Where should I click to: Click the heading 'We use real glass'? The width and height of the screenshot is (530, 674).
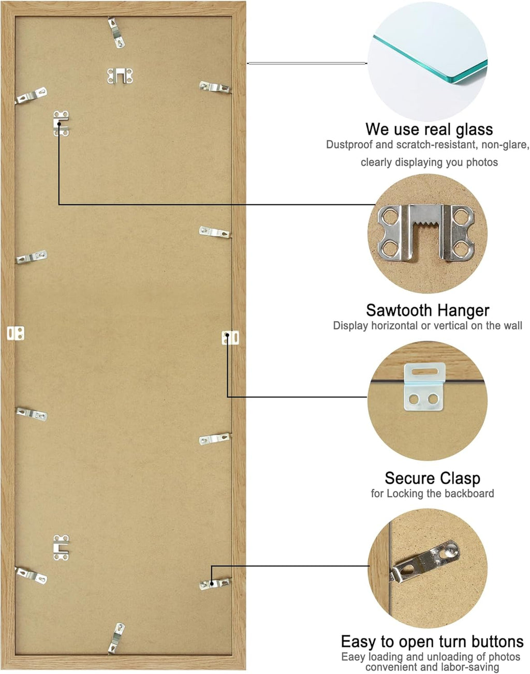pos(429,129)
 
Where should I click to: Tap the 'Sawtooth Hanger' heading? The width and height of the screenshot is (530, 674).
pos(428,310)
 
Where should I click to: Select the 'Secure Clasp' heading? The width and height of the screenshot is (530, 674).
pos(432,478)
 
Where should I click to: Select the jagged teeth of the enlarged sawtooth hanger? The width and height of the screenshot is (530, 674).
pos(426,222)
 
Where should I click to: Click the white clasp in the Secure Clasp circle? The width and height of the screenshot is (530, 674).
pos(424,387)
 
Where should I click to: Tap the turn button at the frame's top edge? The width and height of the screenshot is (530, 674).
pos(116,33)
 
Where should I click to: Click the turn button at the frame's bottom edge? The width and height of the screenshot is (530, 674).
pos(116,638)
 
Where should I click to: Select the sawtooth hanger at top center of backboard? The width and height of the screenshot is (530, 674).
pos(120,76)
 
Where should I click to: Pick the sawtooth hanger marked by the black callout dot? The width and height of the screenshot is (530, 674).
pos(61,124)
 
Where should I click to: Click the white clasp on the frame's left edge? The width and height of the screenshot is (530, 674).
pos(16,333)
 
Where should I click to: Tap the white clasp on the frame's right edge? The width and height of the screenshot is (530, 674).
pos(230,337)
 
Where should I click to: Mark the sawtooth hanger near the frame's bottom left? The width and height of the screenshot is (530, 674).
pos(61,548)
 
